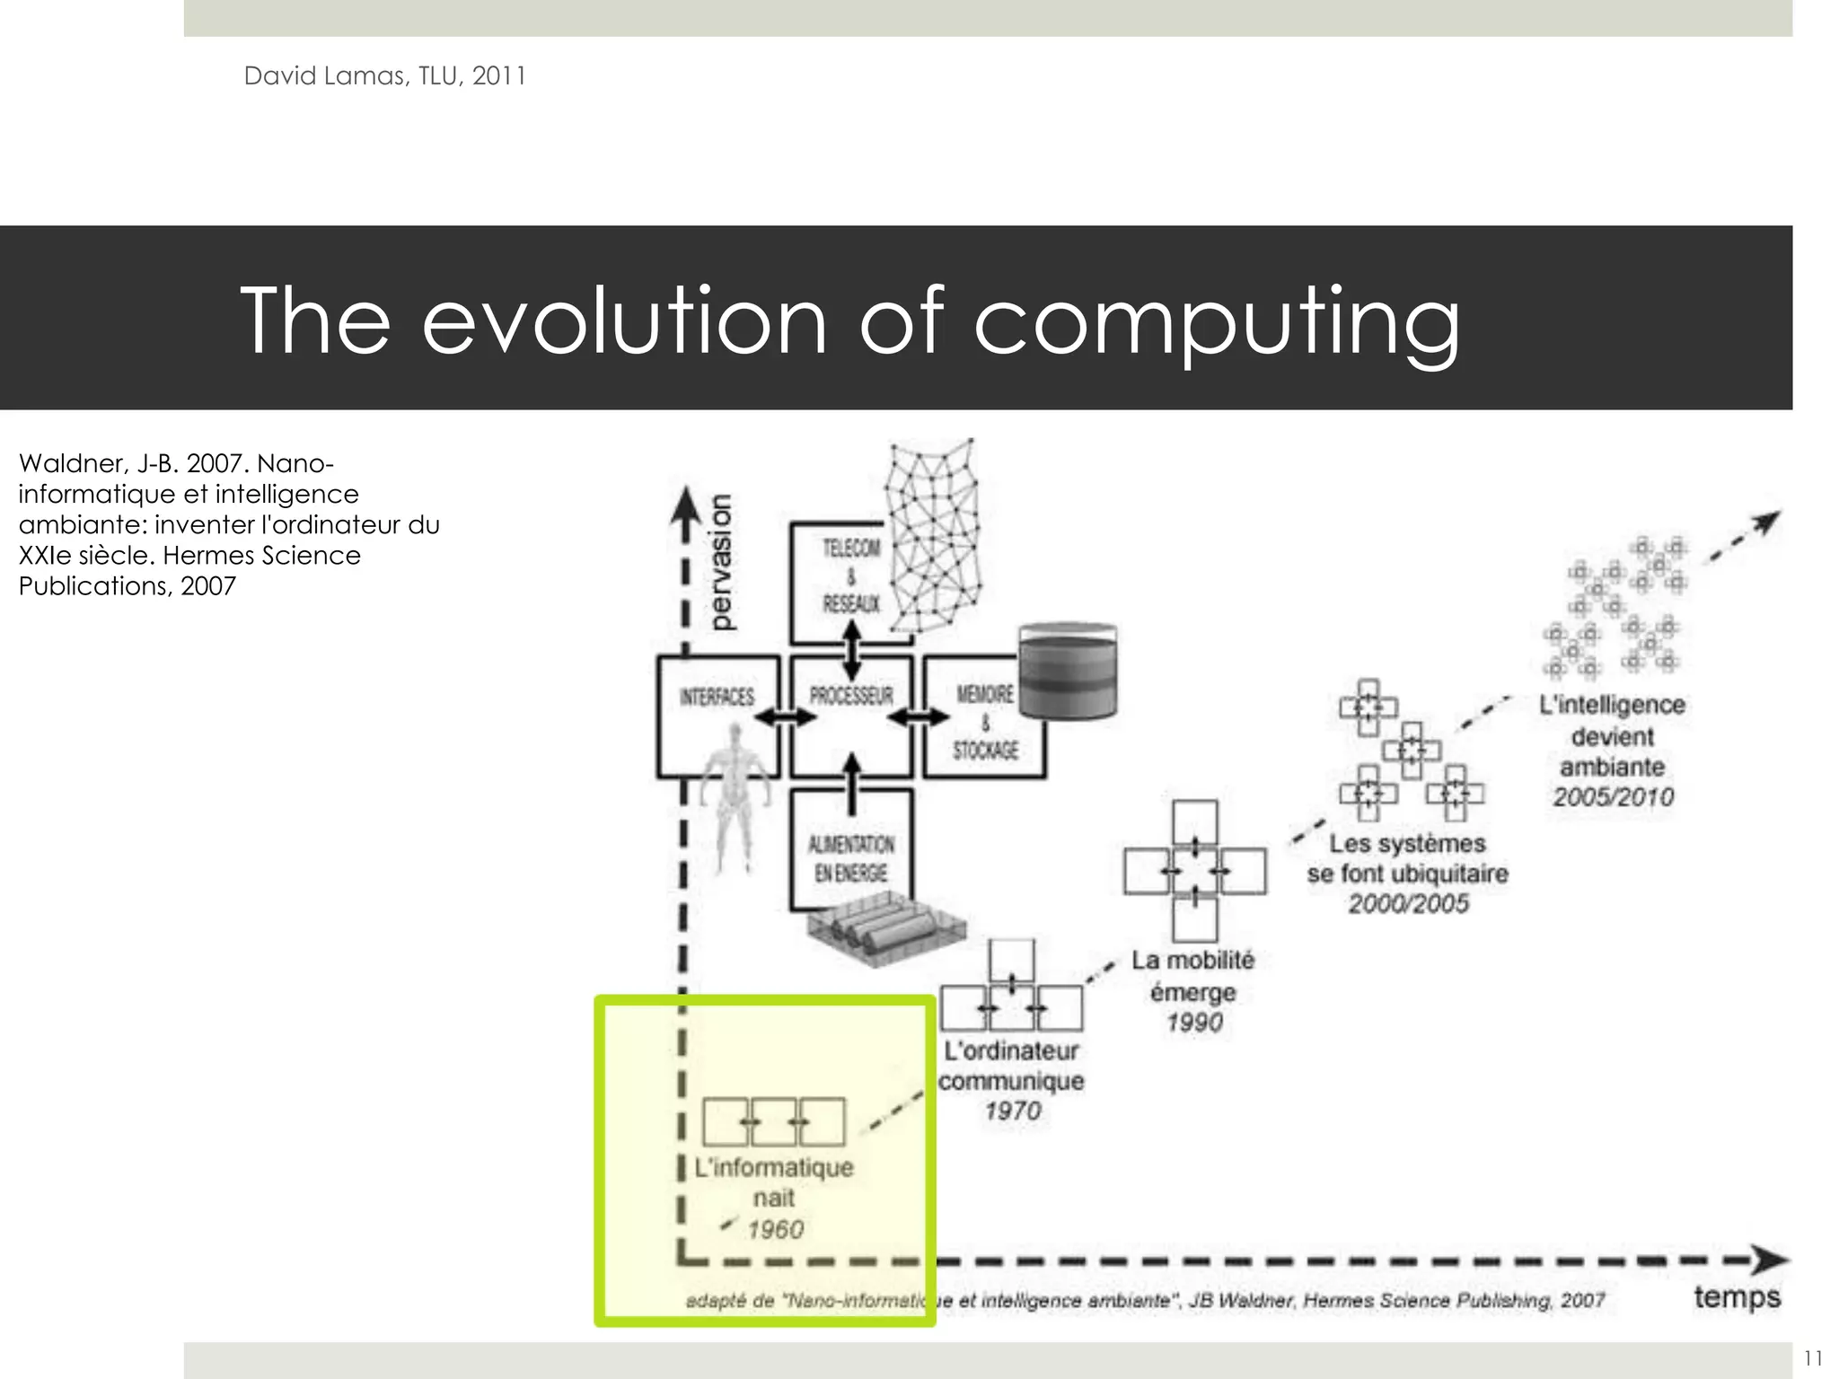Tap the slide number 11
(1812, 1357)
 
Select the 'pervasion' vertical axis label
(720, 562)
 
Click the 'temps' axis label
(1737, 1297)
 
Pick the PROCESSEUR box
(851, 715)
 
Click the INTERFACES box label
(717, 698)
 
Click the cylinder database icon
(1068, 671)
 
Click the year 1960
(776, 1229)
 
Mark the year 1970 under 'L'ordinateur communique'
(1012, 1111)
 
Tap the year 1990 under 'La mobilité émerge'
(1193, 1023)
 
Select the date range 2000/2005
(1408, 903)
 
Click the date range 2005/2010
(1614, 797)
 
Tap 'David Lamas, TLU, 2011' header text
(384, 76)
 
